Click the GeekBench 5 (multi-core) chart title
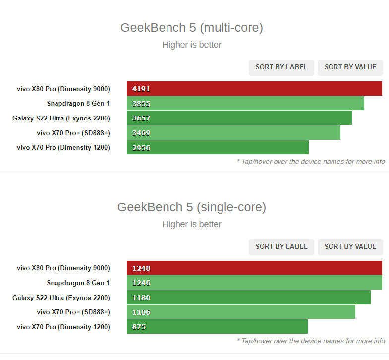tap(192, 28)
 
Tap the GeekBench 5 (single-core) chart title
tap(192, 207)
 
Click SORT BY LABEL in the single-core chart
tap(281, 246)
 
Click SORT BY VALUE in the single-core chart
tap(350, 246)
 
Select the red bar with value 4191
tap(254, 89)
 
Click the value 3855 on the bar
tap(141, 104)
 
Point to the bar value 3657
tap(141, 118)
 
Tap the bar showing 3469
tap(233, 133)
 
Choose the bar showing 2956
tap(218, 147)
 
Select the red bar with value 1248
tap(254, 268)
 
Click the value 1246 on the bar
tap(141, 283)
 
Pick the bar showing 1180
tap(248, 298)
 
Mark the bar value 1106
tap(141, 312)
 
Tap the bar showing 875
tap(217, 327)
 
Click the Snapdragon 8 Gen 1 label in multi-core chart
tap(78, 104)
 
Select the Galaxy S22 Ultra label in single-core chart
tap(61, 298)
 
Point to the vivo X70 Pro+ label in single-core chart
tap(73, 312)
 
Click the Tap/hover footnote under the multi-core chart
tap(311, 161)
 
